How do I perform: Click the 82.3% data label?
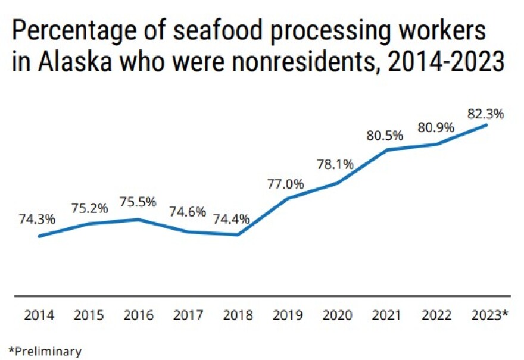pos(486,114)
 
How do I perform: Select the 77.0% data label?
pos(286,183)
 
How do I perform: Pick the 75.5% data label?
pos(138,202)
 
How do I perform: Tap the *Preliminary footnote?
pos(45,351)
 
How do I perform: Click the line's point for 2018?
pos(238,235)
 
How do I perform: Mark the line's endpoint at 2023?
pos(488,124)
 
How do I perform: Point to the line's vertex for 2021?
pos(388,150)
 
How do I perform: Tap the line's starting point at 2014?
pos(39,236)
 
